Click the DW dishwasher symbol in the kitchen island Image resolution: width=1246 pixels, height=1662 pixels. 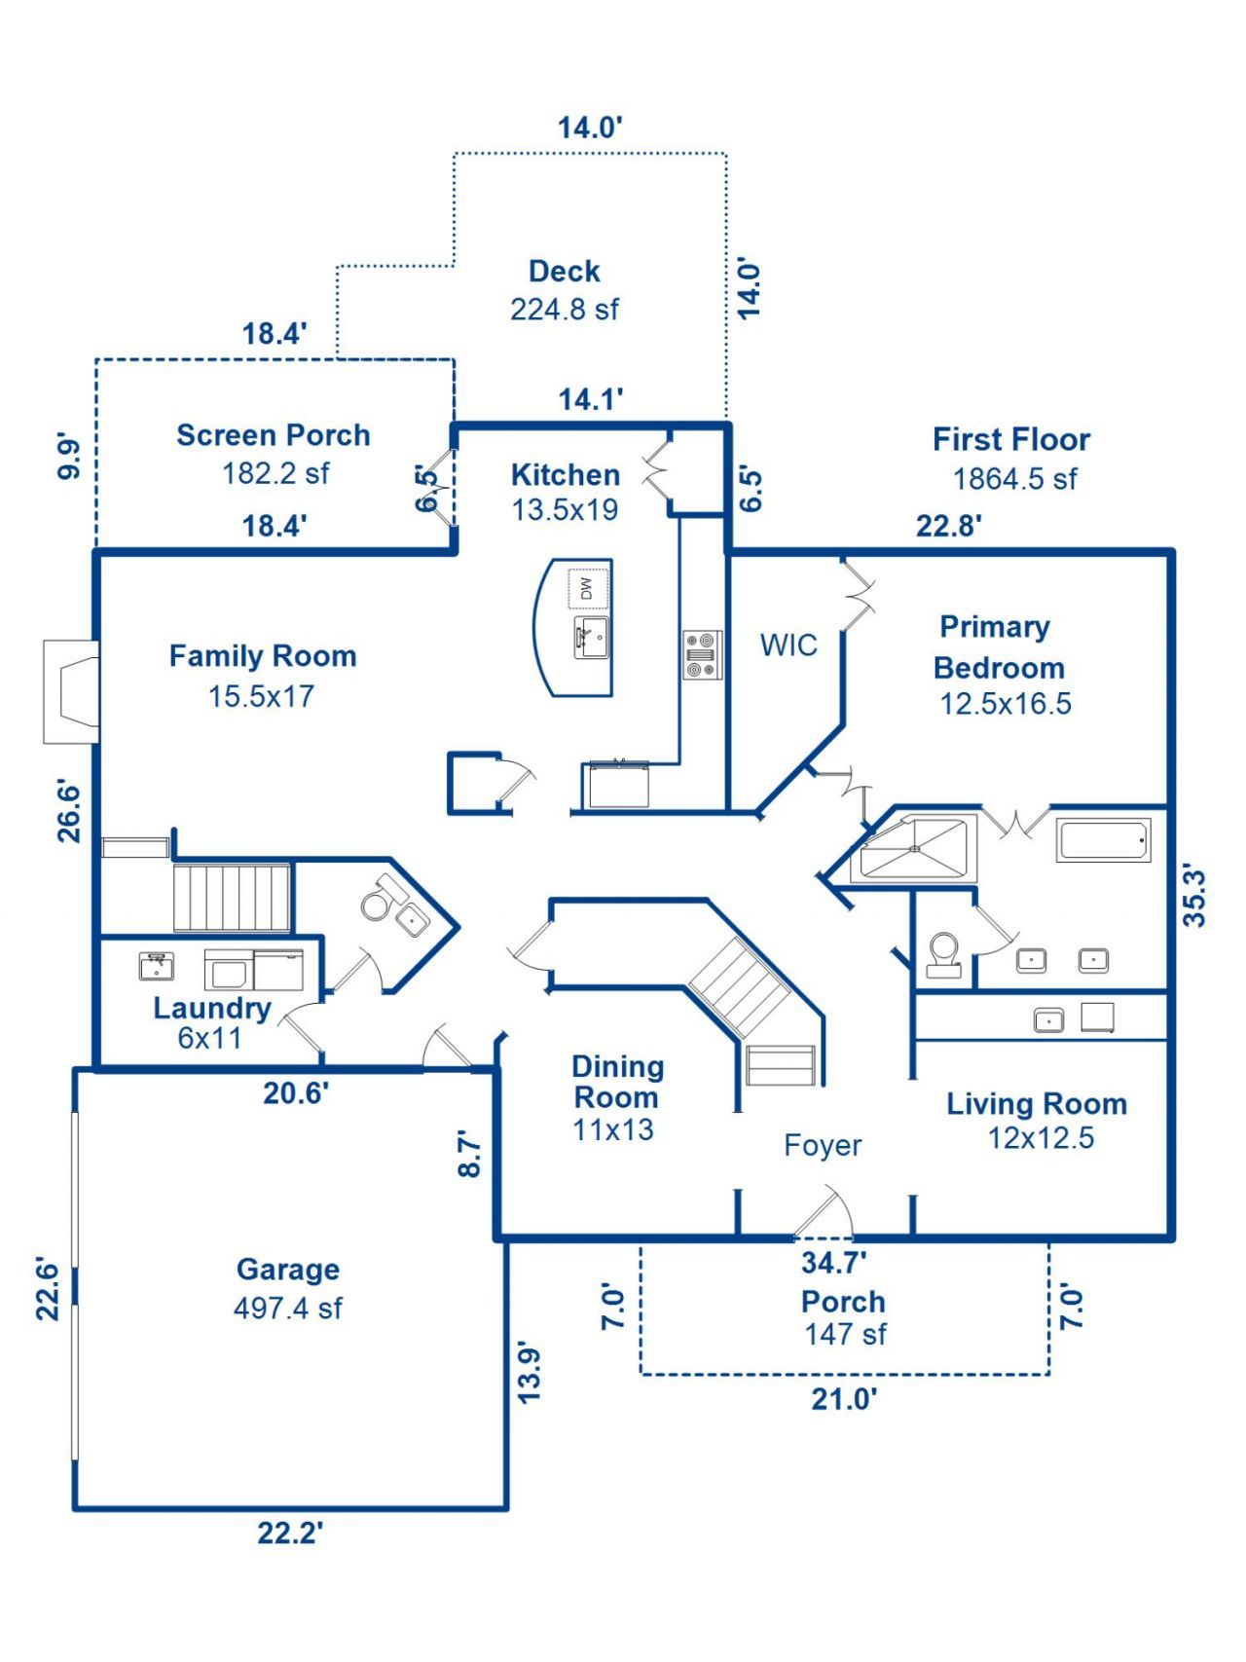587,588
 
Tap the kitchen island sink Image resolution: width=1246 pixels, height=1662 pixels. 591,639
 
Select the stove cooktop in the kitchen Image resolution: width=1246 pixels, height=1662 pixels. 702,655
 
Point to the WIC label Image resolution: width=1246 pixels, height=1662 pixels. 788,646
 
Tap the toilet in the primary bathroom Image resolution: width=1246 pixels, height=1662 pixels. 943,953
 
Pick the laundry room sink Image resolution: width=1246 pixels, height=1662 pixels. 156,967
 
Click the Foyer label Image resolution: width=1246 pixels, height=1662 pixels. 823,1146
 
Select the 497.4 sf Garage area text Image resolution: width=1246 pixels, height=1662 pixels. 288,1308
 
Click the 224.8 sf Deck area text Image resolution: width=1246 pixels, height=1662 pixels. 565,310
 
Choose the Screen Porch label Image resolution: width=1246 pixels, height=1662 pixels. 274,435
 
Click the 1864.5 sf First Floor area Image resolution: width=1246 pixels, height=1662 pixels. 1014,479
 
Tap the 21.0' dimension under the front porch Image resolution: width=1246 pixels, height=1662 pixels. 844,1399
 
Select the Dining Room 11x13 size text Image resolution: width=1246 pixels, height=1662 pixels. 613,1130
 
